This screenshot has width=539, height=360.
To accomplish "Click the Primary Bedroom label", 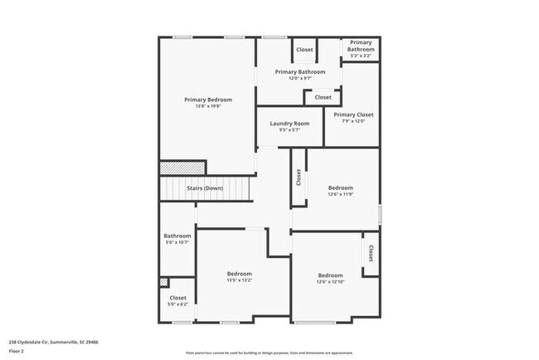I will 208,100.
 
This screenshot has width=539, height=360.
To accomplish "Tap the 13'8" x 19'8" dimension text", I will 208,106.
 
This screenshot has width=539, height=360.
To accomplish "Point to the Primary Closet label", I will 353,114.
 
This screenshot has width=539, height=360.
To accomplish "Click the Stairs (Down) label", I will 204,188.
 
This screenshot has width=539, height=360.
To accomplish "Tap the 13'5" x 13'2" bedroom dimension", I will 240,280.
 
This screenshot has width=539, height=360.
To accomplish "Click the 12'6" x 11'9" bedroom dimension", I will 340,194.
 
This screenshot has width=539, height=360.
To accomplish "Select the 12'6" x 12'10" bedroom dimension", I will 330,282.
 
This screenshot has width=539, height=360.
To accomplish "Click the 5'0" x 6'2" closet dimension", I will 178,304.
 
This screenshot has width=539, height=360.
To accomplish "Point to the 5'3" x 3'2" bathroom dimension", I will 361,56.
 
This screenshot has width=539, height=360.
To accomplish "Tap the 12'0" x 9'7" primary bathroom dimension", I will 299,78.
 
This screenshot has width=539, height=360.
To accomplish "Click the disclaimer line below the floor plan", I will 269,353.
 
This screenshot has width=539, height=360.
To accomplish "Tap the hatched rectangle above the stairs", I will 171,168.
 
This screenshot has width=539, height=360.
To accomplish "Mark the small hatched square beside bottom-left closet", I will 163,283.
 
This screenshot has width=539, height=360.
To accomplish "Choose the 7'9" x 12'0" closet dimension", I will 353,121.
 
